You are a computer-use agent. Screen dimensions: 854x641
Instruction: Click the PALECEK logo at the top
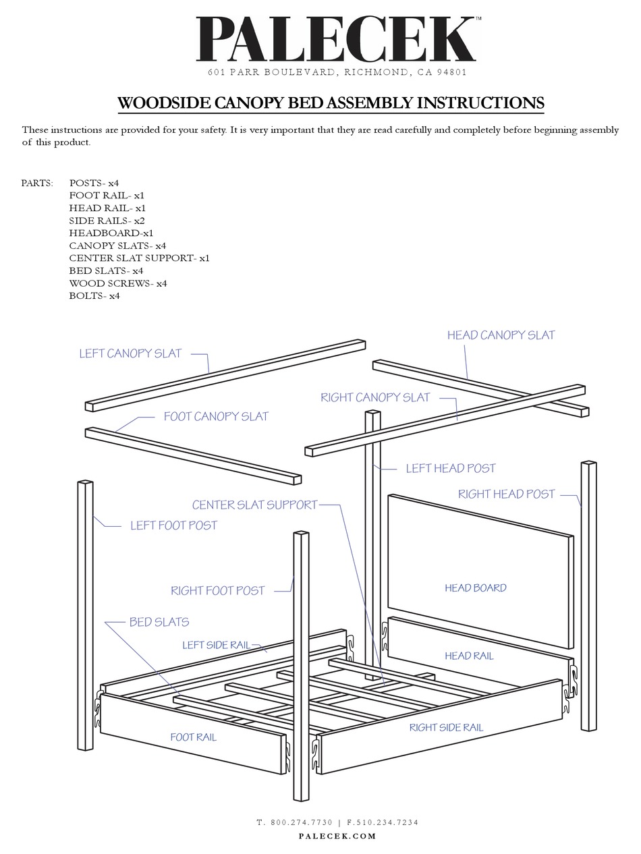[x=336, y=40]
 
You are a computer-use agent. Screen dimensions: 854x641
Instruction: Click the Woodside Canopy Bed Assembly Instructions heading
[x=331, y=103]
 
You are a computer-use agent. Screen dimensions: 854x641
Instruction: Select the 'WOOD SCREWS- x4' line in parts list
[x=117, y=283]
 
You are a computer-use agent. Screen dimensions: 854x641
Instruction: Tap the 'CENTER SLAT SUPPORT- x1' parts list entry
[x=139, y=258]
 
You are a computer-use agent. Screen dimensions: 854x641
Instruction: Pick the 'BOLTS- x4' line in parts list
[x=94, y=296]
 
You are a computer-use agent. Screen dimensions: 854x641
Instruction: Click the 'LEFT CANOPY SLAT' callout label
[x=130, y=353]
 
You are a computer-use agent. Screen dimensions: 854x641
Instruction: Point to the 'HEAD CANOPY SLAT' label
[x=501, y=335]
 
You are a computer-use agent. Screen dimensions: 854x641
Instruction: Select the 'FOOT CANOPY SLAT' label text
[x=216, y=417]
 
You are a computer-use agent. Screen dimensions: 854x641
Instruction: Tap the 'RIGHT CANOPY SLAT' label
[x=374, y=398]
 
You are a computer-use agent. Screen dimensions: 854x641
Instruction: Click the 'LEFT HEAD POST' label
[x=450, y=469]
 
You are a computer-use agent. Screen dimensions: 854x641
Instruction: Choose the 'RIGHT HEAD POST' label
[x=506, y=494]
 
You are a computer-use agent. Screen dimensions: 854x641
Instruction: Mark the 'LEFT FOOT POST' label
[x=173, y=525]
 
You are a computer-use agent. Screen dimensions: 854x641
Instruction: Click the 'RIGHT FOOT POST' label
[x=217, y=591]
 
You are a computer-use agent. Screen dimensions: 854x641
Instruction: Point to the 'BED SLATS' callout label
[x=159, y=623]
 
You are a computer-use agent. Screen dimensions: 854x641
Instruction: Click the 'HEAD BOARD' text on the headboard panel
[x=475, y=588]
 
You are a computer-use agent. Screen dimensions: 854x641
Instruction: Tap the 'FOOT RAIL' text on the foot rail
[x=193, y=737]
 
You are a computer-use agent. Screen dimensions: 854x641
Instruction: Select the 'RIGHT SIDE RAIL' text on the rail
[x=446, y=728]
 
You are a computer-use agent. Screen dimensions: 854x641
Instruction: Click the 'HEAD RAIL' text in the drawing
[x=469, y=656]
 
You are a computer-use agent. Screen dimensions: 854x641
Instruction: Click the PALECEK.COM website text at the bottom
[x=337, y=836]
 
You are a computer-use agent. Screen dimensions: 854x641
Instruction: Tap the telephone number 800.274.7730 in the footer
[x=302, y=822]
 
